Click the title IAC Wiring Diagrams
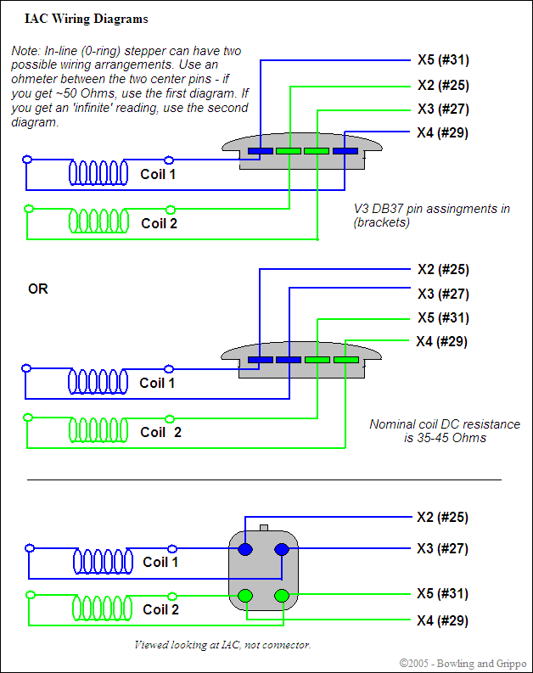coord(74,19)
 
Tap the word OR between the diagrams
coord(38,289)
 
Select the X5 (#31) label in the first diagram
coord(443,60)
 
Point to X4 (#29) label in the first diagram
coord(442,133)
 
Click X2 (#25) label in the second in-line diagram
coord(443,270)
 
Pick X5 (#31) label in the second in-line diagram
coord(443,318)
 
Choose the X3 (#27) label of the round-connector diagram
coord(442,549)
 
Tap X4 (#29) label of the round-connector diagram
coord(442,621)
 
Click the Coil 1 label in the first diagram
coord(158,174)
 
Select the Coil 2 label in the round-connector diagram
coord(160,609)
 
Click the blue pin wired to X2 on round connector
coord(245,549)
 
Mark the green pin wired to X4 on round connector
coord(281,596)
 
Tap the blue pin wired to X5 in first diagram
coord(261,151)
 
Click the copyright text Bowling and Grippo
coord(463,663)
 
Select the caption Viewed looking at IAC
coord(222,645)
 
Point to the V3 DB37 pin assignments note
coord(431,216)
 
